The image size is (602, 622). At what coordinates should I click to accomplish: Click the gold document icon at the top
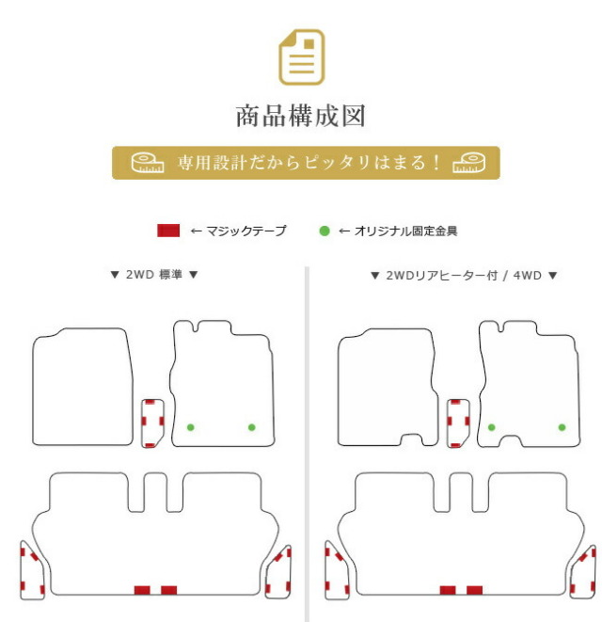point(302,57)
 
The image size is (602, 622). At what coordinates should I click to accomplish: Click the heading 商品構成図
point(301,117)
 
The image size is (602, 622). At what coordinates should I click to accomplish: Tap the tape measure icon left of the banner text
point(148,163)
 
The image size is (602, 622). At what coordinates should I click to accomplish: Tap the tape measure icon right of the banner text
point(469,163)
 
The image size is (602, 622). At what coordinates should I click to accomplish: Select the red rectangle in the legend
point(168,231)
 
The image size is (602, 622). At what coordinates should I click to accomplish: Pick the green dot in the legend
point(325,231)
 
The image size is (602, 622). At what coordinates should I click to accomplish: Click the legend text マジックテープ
point(246,231)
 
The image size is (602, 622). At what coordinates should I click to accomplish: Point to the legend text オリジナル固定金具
point(405,231)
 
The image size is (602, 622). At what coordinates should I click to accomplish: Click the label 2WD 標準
point(154,275)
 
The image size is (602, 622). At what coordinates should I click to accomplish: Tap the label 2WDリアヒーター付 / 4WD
point(464,276)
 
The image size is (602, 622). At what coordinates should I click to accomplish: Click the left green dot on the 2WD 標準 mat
point(191,427)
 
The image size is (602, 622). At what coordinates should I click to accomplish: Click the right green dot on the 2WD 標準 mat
point(251,427)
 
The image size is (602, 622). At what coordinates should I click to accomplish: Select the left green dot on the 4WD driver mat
point(491,427)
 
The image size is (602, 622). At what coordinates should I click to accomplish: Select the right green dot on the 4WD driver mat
point(562,427)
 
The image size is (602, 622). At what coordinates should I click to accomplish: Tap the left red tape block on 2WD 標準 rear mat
point(142,590)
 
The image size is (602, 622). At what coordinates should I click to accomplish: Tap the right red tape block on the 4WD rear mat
point(474,590)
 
